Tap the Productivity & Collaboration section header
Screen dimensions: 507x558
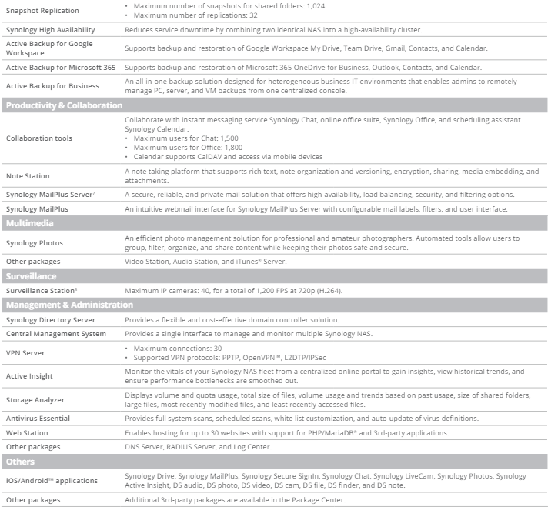click(64, 105)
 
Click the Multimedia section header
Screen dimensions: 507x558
click(30, 223)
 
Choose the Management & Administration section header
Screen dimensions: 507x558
click(69, 305)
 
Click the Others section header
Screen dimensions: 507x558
click(21, 462)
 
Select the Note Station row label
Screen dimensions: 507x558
click(28, 176)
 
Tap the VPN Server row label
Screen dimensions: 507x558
click(26, 353)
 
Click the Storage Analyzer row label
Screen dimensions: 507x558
click(35, 400)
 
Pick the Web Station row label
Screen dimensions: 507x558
click(28, 433)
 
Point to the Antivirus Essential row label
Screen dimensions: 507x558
click(38, 419)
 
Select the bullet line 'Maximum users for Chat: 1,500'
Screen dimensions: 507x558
click(186, 138)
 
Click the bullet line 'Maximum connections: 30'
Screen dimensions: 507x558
click(176, 348)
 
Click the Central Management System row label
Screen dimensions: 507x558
click(55, 334)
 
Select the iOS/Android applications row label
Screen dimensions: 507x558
click(52, 481)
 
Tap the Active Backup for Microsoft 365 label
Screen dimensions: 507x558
click(61, 68)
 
